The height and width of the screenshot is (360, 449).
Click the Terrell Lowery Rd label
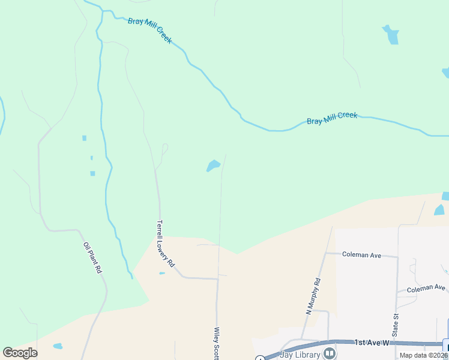tap(165, 244)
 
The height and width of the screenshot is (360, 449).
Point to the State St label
tap(396, 324)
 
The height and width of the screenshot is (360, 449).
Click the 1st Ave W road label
tap(372, 343)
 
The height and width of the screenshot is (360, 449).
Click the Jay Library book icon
tap(330, 353)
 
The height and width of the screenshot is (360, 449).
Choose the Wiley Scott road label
tap(217, 343)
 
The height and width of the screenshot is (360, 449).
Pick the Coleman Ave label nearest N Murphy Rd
tap(361, 255)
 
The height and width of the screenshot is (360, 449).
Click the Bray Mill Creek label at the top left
tap(149, 30)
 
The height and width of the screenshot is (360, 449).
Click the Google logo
tap(20, 353)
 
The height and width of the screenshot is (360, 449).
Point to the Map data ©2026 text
tap(424, 355)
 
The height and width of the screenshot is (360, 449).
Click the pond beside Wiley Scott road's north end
tap(213, 165)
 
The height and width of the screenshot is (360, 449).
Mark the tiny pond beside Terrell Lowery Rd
tap(162, 274)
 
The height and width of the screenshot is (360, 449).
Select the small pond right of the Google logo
tap(58, 346)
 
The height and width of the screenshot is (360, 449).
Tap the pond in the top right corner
tap(391, 34)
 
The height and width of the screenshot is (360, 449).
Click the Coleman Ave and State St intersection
tap(397, 257)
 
